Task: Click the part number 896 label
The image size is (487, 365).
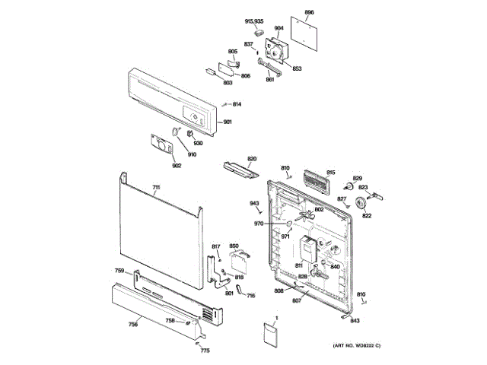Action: click(x=309, y=13)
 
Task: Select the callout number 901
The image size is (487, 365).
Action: click(x=228, y=122)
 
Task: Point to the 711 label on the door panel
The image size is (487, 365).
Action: click(x=156, y=187)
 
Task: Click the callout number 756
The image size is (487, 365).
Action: click(x=132, y=325)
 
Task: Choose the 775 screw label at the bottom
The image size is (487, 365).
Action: click(x=205, y=351)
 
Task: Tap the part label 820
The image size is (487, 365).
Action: click(x=252, y=159)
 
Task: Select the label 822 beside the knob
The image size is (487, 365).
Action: click(x=367, y=216)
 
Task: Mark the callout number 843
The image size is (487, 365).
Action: click(x=355, y=322)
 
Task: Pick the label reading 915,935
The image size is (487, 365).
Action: click(x=253, y=21)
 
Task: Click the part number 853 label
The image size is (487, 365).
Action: click(x=297, y=68)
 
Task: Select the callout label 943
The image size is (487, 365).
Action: click(x=255, y=203)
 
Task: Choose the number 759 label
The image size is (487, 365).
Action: click(x=119, y=271)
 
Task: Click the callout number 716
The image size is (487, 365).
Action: click(x=251, y=295)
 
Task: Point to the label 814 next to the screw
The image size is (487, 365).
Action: click(x=237, y=104)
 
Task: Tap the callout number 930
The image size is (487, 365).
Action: click(x=198, y=143)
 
